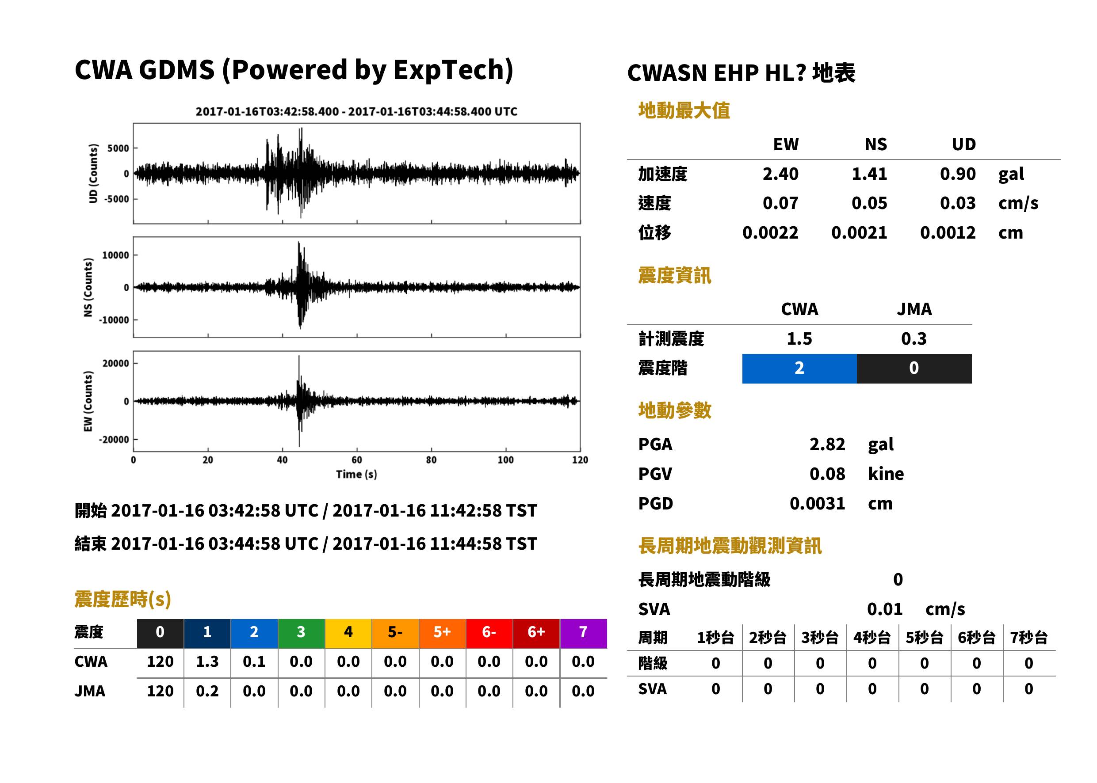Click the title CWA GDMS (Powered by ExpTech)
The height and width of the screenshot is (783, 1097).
coord(294,70)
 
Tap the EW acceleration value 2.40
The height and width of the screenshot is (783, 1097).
coord(780,174)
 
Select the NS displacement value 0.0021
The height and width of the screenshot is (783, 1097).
coord(859,233)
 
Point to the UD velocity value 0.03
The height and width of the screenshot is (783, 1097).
coord(958,203)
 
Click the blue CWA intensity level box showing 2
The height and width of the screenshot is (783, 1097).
coord(799,369)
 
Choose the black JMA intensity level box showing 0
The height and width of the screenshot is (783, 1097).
coord(914,369)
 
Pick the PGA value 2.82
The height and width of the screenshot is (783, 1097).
coord(827,444)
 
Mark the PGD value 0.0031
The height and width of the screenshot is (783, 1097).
coord(817,503)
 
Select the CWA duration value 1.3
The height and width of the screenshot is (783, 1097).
coord(207,662)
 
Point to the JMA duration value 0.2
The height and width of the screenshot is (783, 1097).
coord(207,692)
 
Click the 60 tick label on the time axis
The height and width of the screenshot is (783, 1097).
coord(356,460)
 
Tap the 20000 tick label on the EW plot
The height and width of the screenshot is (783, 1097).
coord(115,364)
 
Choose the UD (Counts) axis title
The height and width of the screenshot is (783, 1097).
coord(93,174)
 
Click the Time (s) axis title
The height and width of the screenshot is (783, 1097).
coord(356,475)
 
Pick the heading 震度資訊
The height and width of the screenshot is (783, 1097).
coord(674,276)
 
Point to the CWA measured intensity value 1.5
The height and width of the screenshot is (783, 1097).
coord(799,339)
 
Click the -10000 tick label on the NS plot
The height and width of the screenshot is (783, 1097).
coord(114,320)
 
